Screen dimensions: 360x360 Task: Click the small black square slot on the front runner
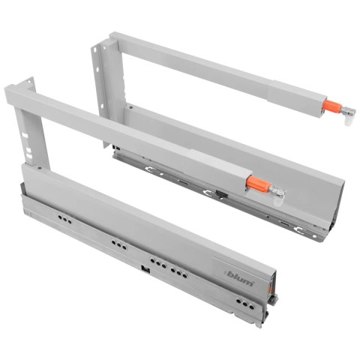[142, 268]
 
